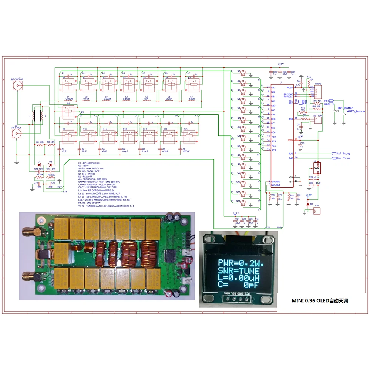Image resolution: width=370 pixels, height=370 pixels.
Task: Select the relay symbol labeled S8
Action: [67, 112]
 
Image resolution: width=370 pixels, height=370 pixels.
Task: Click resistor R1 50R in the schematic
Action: [39, 145]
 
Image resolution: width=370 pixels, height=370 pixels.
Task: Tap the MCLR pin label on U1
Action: [290, 87]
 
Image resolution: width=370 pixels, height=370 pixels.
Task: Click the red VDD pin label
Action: [290, 140]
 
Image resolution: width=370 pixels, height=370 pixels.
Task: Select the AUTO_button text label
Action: [356, 111]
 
